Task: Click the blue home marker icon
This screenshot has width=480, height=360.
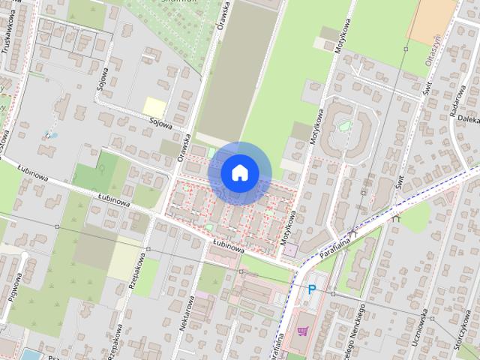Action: tap(239, 173)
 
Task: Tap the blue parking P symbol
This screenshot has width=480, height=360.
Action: tap(311, 289)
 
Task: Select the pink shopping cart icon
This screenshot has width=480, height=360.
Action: tap(303, 330)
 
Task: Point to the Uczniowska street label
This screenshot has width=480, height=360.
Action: tap(424, 322)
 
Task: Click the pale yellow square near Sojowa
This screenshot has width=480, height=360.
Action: tap(154, 107)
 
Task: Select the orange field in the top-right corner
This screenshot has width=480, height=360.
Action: tap(432, 18)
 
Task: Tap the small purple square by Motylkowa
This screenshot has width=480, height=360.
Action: tap(292, 248)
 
